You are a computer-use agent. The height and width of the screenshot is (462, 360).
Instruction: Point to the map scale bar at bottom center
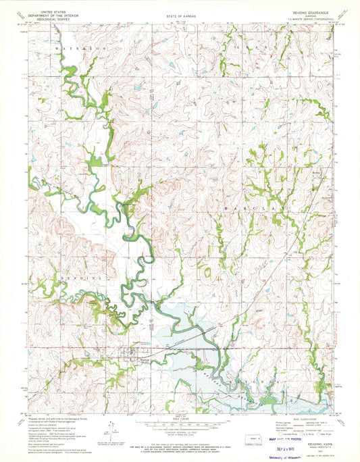click(180, 426)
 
